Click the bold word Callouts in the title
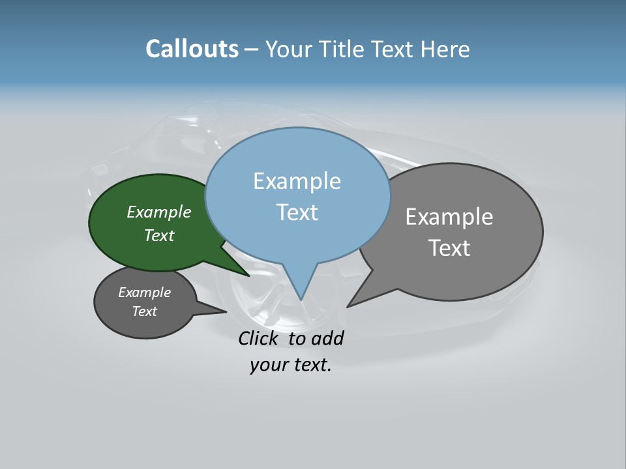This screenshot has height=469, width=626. [x=192, y=49]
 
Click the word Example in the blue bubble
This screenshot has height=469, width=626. [x=297, y=181]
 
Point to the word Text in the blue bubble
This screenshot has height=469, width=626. [x=297, y=212]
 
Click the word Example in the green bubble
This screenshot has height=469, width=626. [x=159, y=212]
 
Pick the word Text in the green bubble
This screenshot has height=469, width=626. [x=159, y=235]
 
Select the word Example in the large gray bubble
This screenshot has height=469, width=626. [x=449, y=217]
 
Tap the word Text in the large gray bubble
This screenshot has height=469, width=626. [x=449, y=248]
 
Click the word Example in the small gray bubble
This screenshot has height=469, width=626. [x=145, y=292]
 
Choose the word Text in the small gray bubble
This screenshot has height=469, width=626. [x=145, y=311]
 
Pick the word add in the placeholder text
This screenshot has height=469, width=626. [x=327, y=339]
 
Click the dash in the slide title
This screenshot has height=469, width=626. [x=252, y=50]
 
